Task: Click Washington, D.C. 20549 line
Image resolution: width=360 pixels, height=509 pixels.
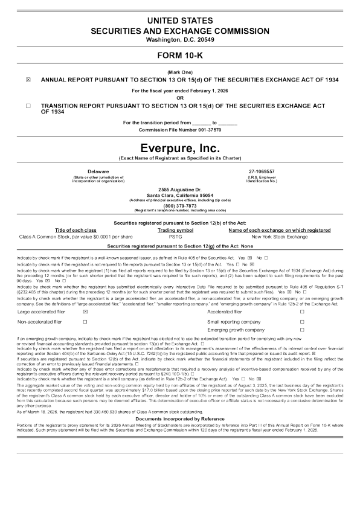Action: [179, 40]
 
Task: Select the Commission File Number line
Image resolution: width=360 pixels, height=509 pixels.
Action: [179, 130]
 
